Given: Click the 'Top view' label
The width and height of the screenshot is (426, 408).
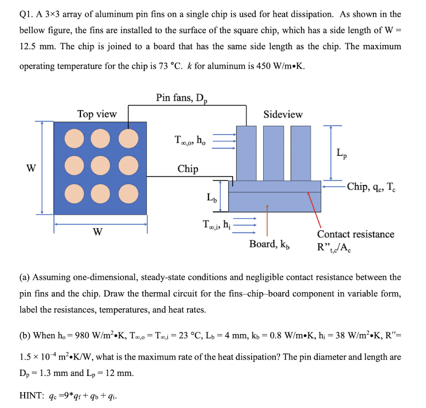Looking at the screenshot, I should click(x=97, y=114).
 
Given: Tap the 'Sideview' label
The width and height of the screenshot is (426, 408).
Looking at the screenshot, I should click(x=283, y=114).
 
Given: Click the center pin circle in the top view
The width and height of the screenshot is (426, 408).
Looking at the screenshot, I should click(x=100, y=164).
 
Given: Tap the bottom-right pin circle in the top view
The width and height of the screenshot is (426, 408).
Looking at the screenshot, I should click(x=128, y=191).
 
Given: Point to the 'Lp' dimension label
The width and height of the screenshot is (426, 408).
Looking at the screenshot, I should click(x=340, y=153).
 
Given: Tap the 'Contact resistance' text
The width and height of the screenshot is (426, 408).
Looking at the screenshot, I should click(x=356, y=234).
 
